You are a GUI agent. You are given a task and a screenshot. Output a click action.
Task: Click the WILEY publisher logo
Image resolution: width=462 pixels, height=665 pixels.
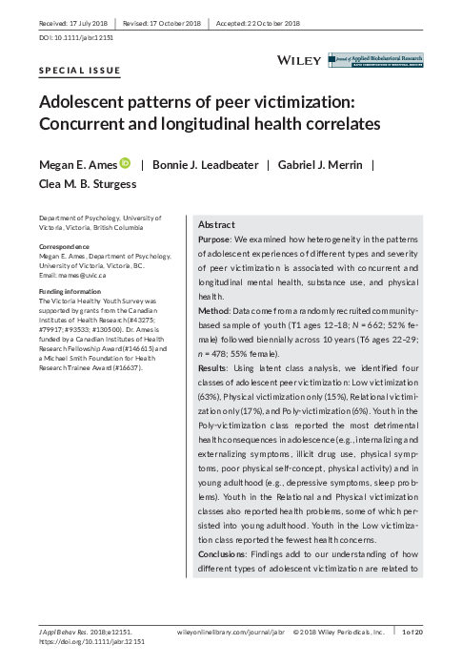pyautogui.click(x=299, y=60)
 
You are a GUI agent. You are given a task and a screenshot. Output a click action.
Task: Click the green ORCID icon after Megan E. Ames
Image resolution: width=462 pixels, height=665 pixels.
pyautogui.click(x=124, y=164)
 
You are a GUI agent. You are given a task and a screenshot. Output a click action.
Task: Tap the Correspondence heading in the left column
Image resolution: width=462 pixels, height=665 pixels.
pyautogui.click(x=65, y=245)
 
